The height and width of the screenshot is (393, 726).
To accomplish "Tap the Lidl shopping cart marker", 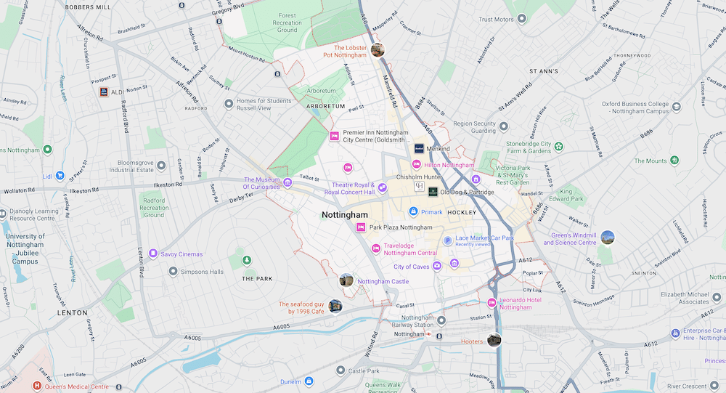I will (60, 175).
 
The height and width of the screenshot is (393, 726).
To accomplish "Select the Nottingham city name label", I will (345, 216).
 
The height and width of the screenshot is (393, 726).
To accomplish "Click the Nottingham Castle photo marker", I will (346, 280).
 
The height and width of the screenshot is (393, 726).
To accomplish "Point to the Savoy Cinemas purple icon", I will (153, 254).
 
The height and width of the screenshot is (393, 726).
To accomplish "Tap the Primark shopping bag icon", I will (413, 212).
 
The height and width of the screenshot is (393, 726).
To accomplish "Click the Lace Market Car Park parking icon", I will (448, 240).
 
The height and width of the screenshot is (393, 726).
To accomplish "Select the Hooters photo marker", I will (494, 340).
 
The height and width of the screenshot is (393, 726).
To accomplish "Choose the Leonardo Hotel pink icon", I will (492, 302).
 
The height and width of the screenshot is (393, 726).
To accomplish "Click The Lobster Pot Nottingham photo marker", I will (377, 49).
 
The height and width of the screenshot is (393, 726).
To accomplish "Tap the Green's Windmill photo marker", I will (608, 237).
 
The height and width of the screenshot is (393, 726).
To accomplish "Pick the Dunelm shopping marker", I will (309, 381).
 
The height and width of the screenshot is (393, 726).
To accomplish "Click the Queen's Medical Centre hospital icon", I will (37, 386).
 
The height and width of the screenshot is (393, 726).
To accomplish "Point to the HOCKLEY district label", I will (462, 213).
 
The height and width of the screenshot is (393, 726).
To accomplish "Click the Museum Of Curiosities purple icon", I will (287, 182).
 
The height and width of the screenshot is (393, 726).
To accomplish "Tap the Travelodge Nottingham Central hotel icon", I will (376, 249).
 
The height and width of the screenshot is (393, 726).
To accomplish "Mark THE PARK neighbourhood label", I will (257, 279).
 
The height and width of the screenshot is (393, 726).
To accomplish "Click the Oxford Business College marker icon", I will (677, 107).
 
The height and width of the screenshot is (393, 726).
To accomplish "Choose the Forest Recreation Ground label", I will (287, 23).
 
